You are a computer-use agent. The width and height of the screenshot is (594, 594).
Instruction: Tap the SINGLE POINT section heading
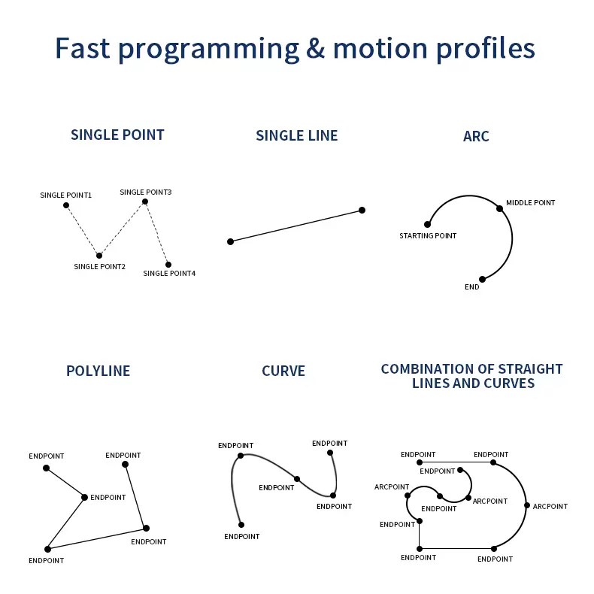tap(117, 135)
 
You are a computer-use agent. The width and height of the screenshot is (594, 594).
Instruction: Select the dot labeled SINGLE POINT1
tap(66, 205)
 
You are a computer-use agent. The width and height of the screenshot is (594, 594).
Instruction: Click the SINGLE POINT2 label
tap(99, 267)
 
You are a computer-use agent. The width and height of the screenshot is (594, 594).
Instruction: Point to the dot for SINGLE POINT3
tap(145, 202)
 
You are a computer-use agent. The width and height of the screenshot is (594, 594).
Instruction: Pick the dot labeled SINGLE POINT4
tap(168, 265)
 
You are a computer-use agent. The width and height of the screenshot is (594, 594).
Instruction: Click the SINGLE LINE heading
tap(297, 136)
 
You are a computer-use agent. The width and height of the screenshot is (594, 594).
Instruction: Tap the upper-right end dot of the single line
tap(362, 210)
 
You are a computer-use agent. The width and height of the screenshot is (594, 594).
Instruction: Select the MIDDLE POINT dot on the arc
tap(499, 208)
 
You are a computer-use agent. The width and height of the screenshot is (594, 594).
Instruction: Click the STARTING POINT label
tap(428, 236)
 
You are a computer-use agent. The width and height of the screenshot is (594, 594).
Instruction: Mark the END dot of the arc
tap(482, 279)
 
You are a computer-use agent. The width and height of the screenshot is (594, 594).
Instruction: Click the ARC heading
tap(476, 137)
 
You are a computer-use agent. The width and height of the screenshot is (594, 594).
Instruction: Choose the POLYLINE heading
tap(98, 371)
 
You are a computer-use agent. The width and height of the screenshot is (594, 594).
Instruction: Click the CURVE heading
tap(283, 371)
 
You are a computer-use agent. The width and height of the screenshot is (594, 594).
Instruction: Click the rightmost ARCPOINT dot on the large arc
tap(527, 505)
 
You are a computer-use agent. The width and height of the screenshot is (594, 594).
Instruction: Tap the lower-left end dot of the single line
tap(230, 241)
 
